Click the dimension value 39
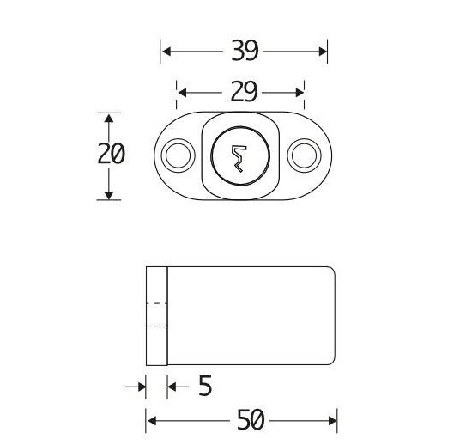tap(245, 52)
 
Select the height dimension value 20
tap(109, 155)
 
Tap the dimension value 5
tap(204, 387)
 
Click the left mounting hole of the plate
tap(178, 155)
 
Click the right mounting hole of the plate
tap(302, 155)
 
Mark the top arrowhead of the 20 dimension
tap(108, 118)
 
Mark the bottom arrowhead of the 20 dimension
tap(108, 194)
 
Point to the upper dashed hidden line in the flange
tap(156, 305)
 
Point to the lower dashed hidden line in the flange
tap(156, 326)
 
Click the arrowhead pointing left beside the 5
tap(172, 387)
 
